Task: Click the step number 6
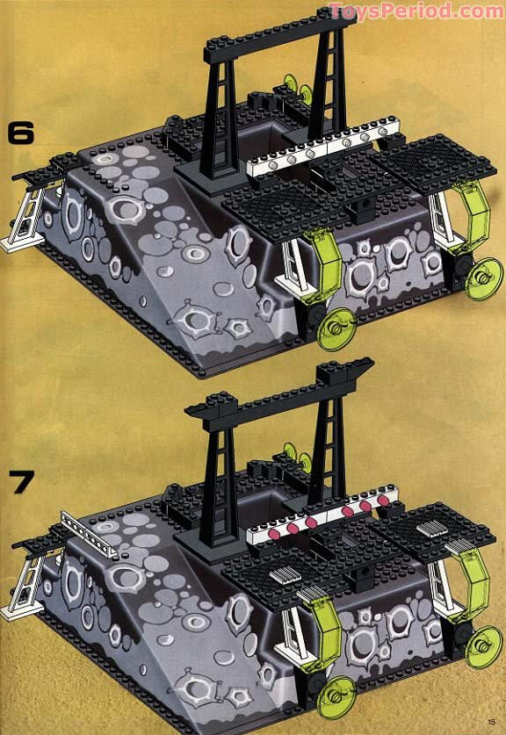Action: [20, 133]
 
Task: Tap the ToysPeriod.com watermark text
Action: [416, 11]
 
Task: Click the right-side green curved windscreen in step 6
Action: [475, 216]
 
